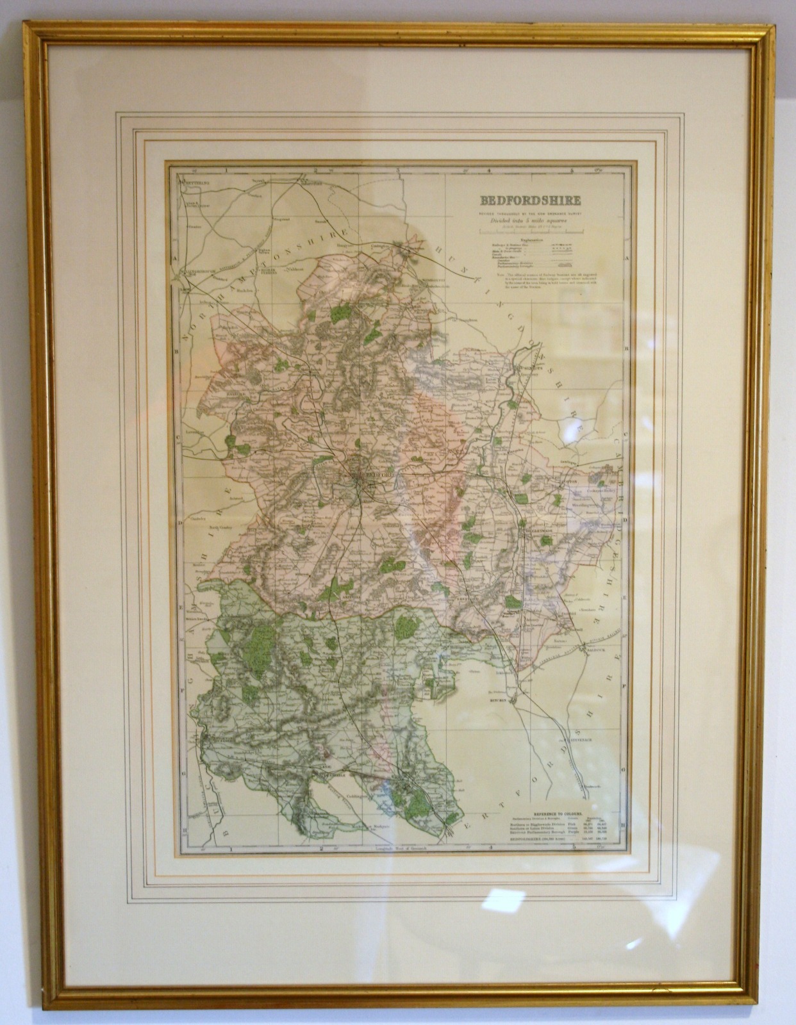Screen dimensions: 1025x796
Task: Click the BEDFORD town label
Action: click(x=379, y=475)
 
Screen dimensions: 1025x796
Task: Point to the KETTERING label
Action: click(x=194, y=183)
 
